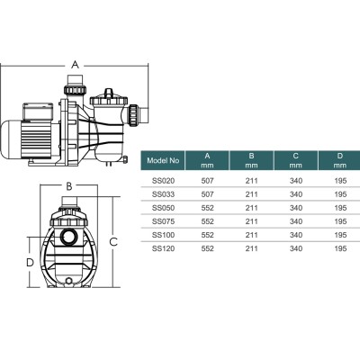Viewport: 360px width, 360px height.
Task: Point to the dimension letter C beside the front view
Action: point(113,241)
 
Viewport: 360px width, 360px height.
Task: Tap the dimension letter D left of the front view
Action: point(30,262)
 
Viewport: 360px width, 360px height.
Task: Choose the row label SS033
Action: point(162,193)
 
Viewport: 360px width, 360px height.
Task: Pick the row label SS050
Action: point(162,206)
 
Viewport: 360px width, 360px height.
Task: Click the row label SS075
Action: point(162,220)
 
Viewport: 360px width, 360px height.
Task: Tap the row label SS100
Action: point(162,234)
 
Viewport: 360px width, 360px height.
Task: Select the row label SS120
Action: point(162,248)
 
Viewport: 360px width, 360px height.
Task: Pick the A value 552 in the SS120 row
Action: point(208,248)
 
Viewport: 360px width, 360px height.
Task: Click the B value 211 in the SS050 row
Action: point(252,206)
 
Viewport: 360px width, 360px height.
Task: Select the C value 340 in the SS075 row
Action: point(296,220)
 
